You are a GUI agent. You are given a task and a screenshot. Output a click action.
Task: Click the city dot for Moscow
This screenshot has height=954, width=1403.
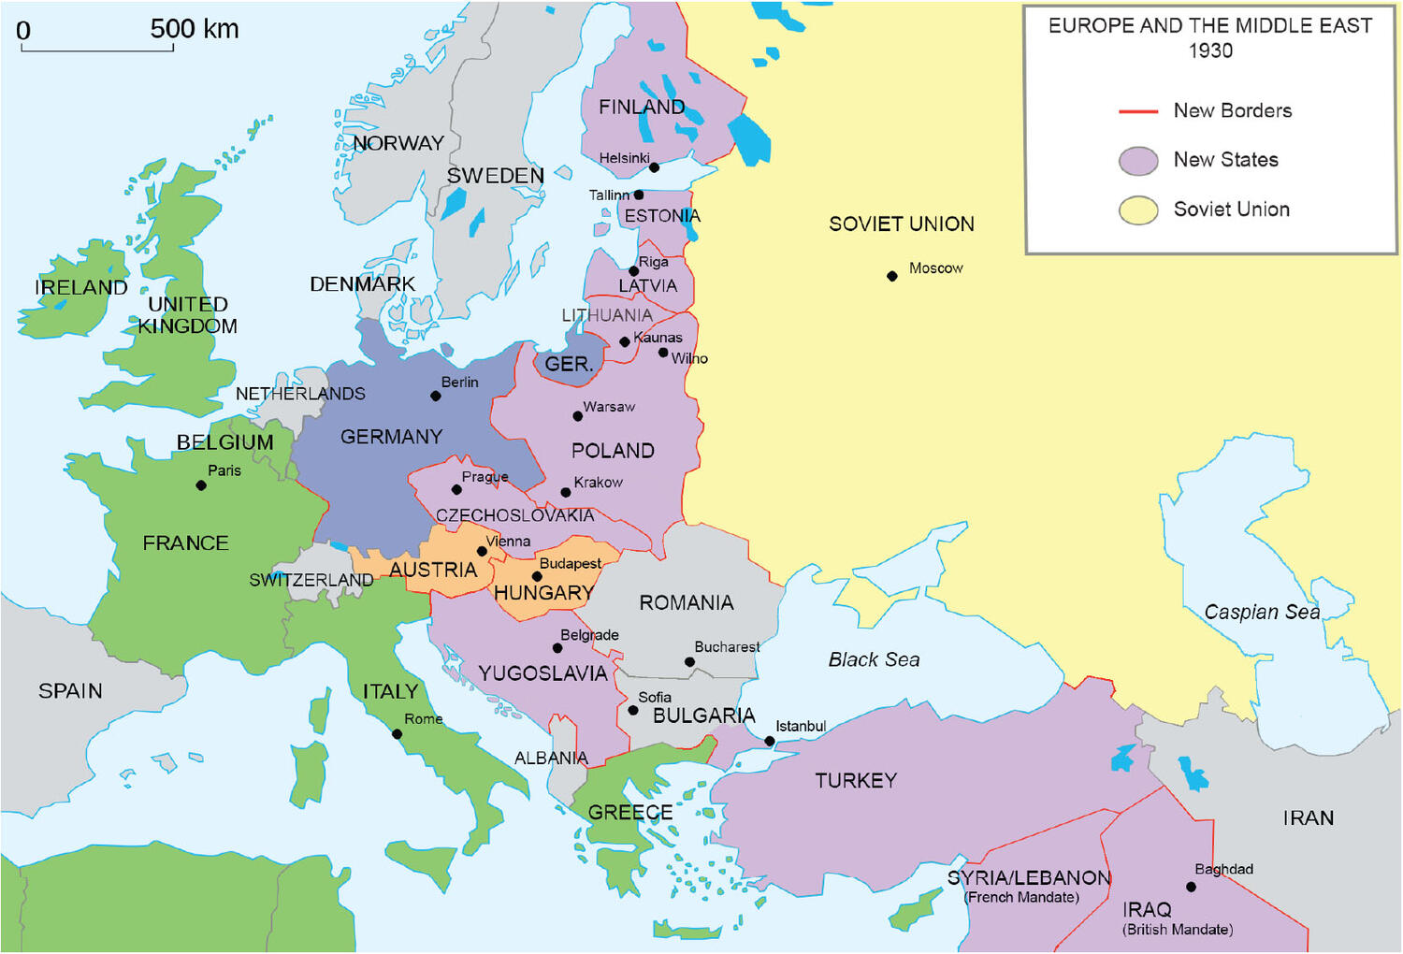tap(892, 276)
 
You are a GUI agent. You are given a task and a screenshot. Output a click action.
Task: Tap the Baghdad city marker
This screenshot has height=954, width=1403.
tap(1191, 887)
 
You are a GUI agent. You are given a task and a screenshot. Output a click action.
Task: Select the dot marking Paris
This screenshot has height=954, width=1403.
tap(201, 485)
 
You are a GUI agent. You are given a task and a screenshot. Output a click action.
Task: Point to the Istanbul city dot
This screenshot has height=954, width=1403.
tap(770, 742)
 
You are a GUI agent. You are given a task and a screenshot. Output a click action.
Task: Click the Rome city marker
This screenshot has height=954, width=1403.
tap(398, 734)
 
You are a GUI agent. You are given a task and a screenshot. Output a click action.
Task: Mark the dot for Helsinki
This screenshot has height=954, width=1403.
tap(655, 167)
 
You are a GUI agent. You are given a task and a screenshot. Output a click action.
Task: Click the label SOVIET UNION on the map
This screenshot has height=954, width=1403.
tap(901, 224)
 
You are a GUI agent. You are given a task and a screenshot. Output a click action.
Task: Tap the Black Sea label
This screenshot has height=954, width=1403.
tap(874, 660)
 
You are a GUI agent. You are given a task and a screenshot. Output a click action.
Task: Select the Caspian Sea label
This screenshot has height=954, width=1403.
tap(1262, 613)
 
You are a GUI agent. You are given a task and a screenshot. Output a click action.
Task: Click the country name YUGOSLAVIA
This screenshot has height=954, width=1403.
tap(542, 673)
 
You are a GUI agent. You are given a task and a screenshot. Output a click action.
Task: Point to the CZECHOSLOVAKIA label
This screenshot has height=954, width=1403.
tap(514, 515)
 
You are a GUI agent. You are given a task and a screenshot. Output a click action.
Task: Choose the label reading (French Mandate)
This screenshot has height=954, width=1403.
tap(1021, 898)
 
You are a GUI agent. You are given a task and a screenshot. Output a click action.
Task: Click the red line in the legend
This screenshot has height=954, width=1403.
tap(1138, 111)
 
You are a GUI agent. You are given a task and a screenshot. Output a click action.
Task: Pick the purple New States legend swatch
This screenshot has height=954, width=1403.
tap(1138, 161)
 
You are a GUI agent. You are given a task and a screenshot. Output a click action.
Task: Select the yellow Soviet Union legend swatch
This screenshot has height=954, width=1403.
tap(1138, 210)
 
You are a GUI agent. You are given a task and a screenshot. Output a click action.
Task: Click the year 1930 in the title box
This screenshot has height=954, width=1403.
tap(1210, 51)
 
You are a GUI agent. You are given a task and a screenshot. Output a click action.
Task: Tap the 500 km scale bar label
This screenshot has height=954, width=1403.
tap(195, 29)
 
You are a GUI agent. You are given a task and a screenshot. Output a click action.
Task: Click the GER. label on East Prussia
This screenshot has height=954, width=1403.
tap(569, 364)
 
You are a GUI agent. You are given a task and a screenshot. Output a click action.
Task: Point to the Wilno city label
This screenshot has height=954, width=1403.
tap(689, 359)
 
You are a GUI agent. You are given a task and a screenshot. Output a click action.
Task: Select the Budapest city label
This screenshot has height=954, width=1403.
tap(571, 564)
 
